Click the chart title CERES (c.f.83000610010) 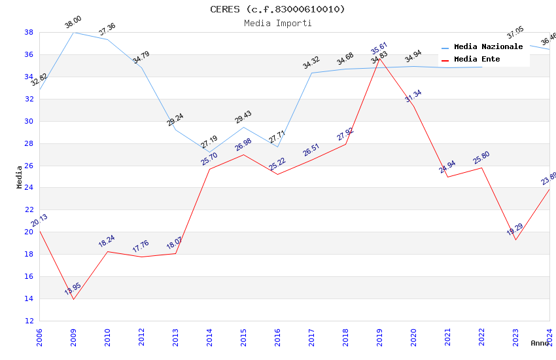[277, 9]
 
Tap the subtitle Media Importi [277, 23]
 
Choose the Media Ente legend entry [477, 60]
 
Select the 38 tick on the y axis [29, 32]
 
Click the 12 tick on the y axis [29, 321]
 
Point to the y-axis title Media [20, 177]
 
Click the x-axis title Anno [540, 343]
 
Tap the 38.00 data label [73, 24]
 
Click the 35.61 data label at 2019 [379, 48]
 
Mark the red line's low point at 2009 [73, 299]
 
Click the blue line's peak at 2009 [73, 32]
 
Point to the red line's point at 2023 [515, 240]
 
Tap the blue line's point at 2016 [277, 147]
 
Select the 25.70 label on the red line [209, 159]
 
